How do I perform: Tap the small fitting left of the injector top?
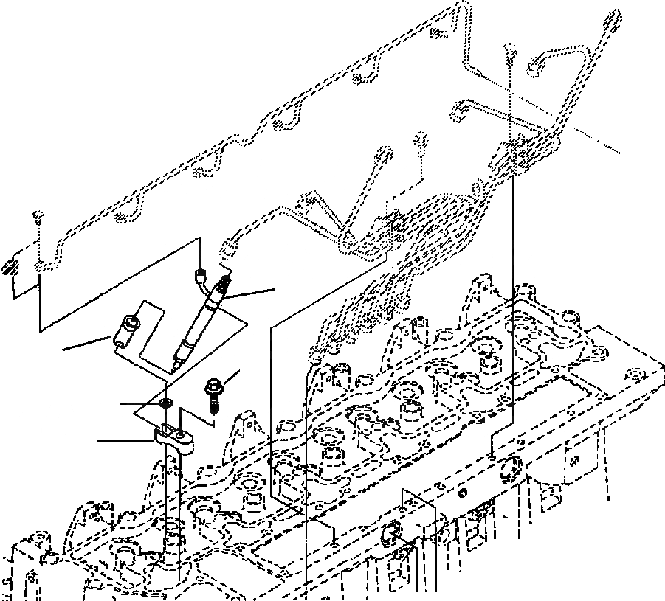(x=198, y=277)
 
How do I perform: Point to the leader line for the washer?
(x=140, y=404)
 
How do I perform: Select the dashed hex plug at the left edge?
(x=10, y=266)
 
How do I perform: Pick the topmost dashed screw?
(x=509, y=52)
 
